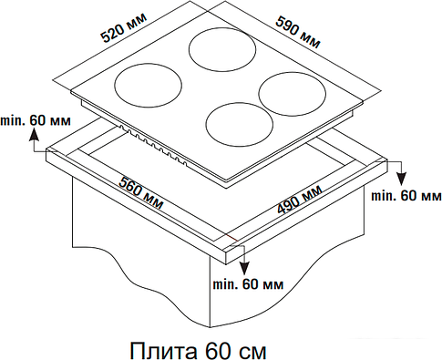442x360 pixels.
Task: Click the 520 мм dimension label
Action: [124, 26]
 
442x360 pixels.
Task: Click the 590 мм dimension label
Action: [298, 32]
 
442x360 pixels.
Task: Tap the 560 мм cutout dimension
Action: [141, 192]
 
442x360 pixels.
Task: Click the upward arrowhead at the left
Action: [34, 135]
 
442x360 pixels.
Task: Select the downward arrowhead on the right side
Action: [402, 179]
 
